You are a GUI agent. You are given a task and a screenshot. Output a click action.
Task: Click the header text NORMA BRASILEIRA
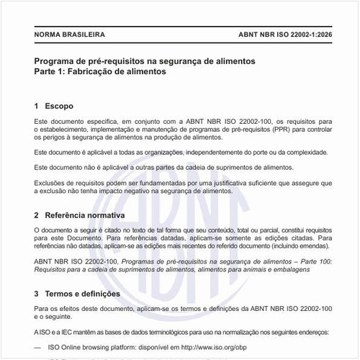click(x=70, y=34)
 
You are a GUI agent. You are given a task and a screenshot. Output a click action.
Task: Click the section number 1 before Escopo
click(x=37, y=106)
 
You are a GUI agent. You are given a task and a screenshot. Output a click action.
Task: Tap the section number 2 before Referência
click(x=37, y=215)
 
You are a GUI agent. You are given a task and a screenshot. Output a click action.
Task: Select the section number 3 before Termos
click(x=37, y=294)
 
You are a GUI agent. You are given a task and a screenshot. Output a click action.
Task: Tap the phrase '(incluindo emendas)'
click(x=301, y=246)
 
